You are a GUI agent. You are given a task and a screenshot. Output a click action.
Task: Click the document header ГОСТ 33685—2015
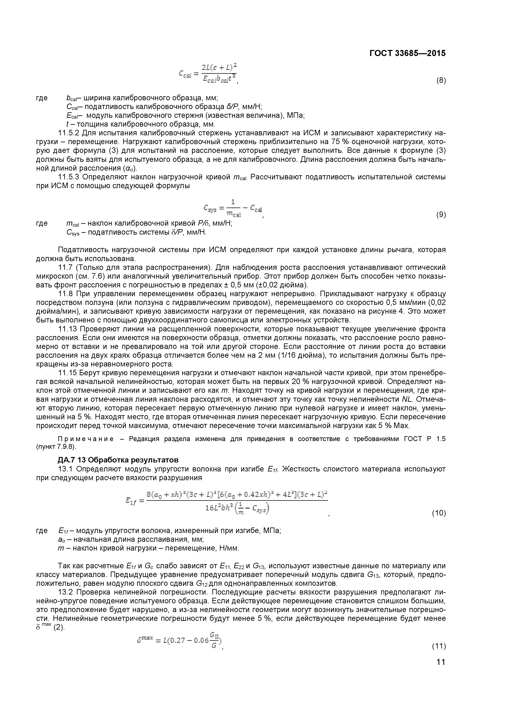point(407,53)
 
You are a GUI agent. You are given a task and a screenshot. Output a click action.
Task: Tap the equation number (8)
point(441,81)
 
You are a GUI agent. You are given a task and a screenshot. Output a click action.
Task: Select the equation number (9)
point(441,215)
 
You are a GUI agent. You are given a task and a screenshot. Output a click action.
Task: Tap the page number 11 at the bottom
point(441,671)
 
